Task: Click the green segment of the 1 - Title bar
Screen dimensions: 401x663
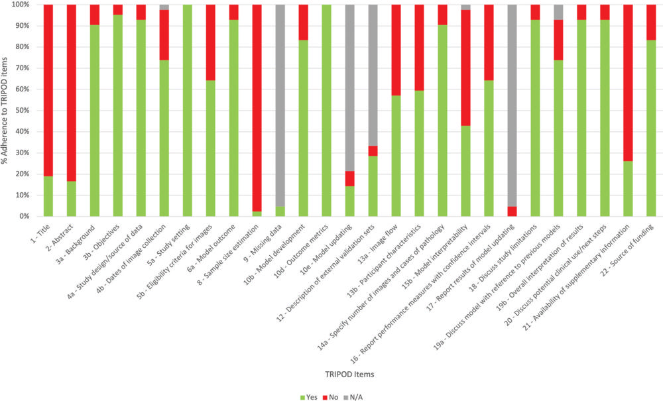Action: coord(48,196)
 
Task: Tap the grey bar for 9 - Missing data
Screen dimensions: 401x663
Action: coord(280,106)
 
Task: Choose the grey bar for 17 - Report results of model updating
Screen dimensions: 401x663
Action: coord(512,106)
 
